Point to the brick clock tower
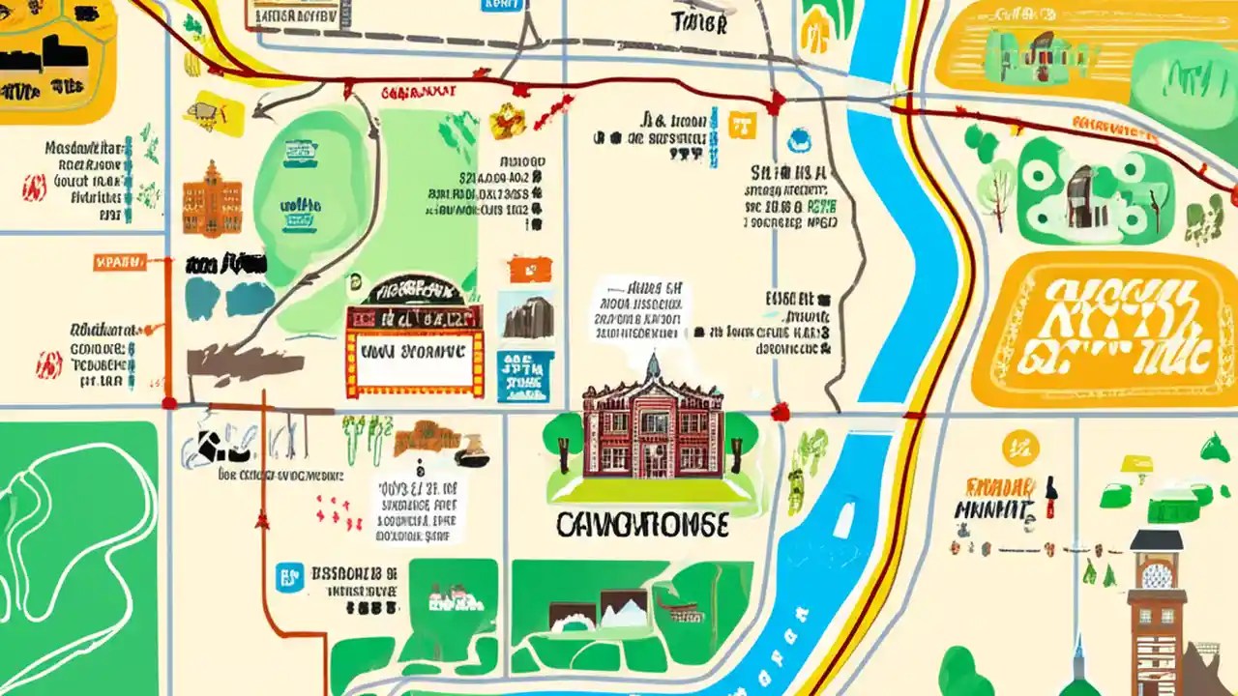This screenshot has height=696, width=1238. click(x=1157, y=619)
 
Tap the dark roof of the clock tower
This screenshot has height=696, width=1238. click(x=1157, y=540)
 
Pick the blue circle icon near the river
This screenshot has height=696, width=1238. click(x=799, y=140)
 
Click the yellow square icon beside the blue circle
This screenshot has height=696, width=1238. click(x=741, y=124)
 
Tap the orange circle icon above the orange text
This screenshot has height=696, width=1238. click(x=1020, y=448)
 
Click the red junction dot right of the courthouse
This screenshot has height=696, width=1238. click(x=780, y=413)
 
